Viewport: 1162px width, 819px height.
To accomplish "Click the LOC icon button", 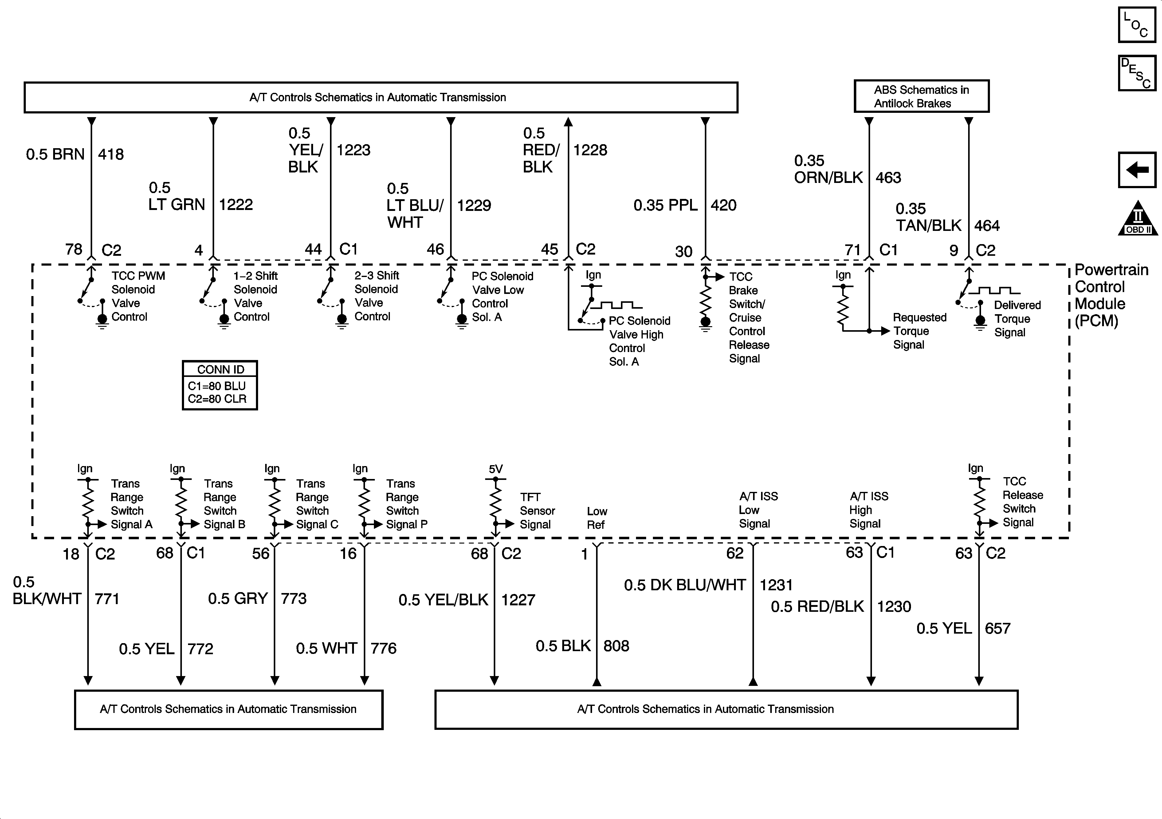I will [x=1137, y=25].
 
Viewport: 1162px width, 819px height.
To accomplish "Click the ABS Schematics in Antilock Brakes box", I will [x=921, y=96].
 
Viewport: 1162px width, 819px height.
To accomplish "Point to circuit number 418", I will [x=111, y=154].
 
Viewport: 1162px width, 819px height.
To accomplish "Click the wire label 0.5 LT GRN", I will [x=177, y=196].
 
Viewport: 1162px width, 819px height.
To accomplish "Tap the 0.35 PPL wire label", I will [x=665, y=205].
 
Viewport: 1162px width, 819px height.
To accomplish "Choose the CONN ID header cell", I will [x=220, y=369].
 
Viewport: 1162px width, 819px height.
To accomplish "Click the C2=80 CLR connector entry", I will [x=217, y=399].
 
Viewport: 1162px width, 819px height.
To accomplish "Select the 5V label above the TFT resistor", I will [x=496, y=469].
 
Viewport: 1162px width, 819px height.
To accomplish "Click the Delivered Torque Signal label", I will [x=1017, y=318].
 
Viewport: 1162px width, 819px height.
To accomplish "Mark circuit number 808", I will [x=616, y=646].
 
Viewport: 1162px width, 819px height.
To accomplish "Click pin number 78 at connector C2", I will [x=74, y=249].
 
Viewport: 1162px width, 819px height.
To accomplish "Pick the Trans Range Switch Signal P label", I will [x=406, y=504].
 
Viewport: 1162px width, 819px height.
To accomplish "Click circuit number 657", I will [x=997, y=629].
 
